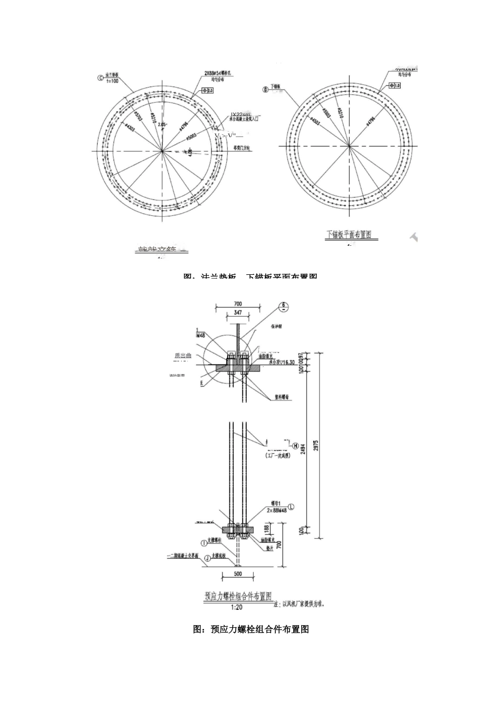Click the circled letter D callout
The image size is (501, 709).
[x=266, y=90]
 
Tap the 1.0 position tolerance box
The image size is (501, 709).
[x=393, y=85]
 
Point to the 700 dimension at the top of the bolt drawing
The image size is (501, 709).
[x=237, y=304]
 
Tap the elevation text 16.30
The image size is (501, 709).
[x=288, y=363]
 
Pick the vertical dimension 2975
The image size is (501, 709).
[x=315, y=446]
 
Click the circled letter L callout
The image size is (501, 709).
[x=291, y=506]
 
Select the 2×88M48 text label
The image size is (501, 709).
[x=276, y=511]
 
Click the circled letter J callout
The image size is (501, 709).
[x=207, y=557]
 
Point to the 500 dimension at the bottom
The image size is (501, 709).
[x=238, y=573]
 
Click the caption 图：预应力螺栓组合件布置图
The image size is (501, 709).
[x=251, y=629]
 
